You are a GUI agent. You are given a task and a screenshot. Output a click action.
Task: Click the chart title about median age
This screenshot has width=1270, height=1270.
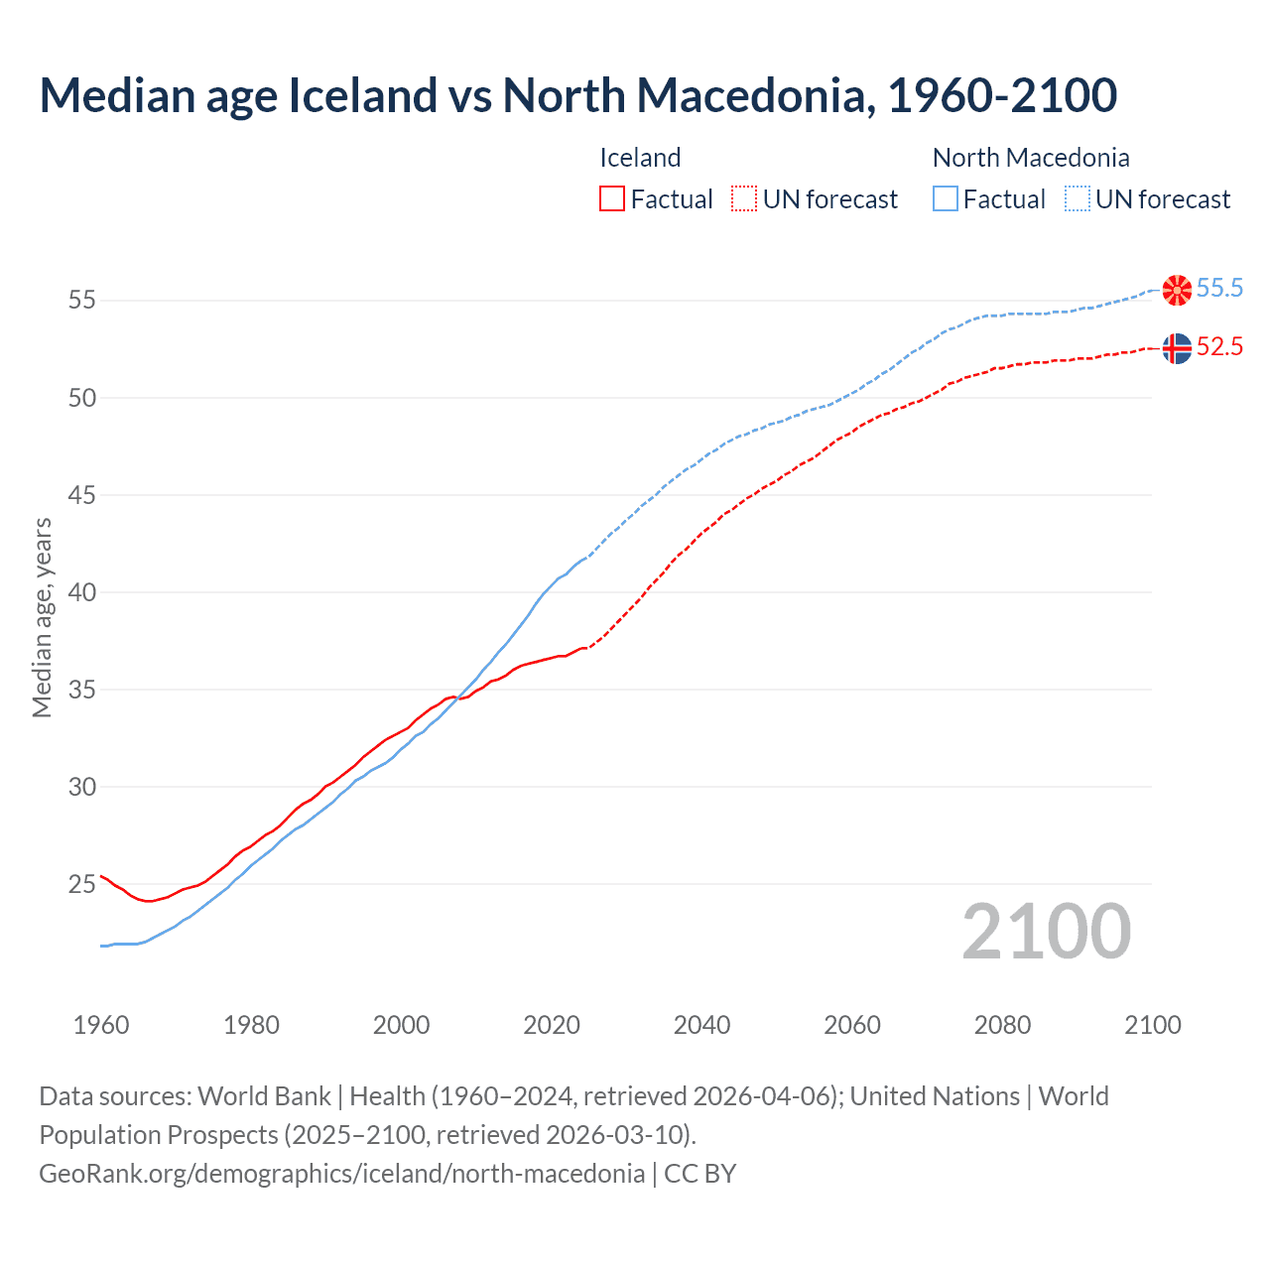[577, 96]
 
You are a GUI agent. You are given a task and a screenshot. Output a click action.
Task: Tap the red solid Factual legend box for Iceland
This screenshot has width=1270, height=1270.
[612, 198]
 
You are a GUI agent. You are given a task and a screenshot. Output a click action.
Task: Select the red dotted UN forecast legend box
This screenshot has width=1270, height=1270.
[744, 198]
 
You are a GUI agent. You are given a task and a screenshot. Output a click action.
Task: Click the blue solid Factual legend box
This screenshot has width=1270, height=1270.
[946, 198]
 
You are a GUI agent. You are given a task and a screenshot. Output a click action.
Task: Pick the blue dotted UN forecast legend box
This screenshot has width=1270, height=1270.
[1078, 198]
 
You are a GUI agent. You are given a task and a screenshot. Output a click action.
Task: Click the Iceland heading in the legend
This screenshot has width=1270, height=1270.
[640, 158]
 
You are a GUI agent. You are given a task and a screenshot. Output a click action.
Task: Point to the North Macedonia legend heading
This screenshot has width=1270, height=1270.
[1031, 158]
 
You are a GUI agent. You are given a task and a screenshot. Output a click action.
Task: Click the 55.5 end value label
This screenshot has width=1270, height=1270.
[1219, 289]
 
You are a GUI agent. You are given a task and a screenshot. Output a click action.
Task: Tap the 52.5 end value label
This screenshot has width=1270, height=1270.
[1219, 347]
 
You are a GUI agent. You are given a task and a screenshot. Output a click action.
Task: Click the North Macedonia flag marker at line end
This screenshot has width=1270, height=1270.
[1177, 290]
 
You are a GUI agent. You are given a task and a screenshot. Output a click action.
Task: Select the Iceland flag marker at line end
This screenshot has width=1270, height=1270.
[1177, 348]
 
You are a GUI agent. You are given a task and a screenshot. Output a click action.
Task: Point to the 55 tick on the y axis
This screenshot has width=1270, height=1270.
[82, 300]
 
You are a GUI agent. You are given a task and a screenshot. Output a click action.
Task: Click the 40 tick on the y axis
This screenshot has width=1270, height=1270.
[82, 592]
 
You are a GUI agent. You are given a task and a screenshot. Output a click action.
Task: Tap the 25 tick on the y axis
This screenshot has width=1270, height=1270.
[82, 884]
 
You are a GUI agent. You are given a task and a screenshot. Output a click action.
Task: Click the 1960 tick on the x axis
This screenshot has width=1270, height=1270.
[101, 1025]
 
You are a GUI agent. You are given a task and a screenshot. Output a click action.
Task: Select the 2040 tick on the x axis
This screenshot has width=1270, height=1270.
[701, 1025]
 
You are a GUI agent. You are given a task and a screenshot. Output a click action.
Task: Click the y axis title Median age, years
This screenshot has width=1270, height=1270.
[42, 617]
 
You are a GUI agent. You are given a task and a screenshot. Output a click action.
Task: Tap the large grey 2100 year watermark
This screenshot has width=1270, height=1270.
[1046, 931]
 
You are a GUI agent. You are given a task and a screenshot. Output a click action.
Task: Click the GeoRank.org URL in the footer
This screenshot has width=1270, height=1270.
[341, 1174]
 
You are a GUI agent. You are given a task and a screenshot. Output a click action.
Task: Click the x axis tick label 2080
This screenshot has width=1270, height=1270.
[1002, 1025]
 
